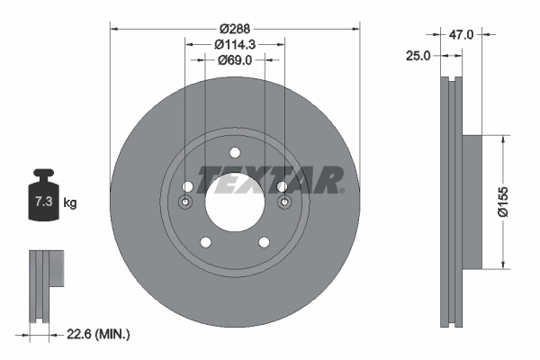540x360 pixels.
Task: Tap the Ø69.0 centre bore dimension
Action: tap(235, 60)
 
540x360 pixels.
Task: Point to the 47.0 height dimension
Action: tap(461, 34)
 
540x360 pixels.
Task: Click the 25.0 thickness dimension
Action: tap(418, 56)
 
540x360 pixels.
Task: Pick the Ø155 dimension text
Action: tap(518, 202)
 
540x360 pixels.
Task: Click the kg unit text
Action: tap(70, 203)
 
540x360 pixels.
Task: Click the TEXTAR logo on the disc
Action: tap(271, 179)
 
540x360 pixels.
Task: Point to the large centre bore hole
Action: tap(235, 200)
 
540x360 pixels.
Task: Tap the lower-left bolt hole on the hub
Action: tap(205, 241)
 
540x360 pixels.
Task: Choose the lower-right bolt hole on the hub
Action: tap(265, 241)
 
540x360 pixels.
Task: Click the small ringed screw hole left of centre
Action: tap(185, 202)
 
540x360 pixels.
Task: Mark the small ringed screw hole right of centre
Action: tap(284, 202)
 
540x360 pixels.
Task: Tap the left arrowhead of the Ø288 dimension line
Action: tap(113, 29)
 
